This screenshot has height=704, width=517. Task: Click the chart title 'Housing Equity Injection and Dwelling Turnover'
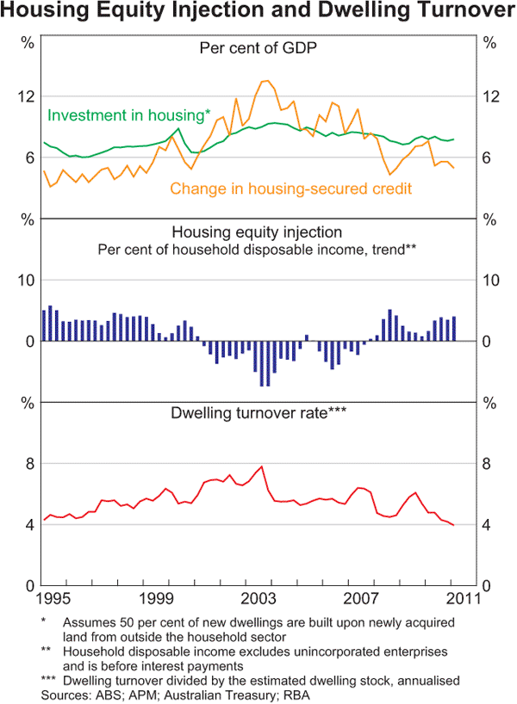click(x=258, y=12)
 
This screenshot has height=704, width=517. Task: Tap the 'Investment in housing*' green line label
click(x=129, y=114)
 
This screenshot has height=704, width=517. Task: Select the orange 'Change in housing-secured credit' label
click(x=291, y=188)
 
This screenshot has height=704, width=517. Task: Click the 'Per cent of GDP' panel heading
click(x=258, y=48)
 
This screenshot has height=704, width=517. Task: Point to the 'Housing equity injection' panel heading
click(x=258, y=232)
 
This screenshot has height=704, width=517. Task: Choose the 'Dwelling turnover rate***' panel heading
click(x=258, y=414)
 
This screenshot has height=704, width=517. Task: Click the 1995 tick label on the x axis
click(x=53, y=596)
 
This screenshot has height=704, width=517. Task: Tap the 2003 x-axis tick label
click(x=258, y=596)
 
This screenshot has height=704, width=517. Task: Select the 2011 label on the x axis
click(x=459, y=596)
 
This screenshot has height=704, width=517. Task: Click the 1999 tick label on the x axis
click(x=155, y=596)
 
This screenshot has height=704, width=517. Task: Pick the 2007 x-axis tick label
click(x=359, y=596)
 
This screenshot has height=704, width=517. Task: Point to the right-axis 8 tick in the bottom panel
click(x=489, y=464)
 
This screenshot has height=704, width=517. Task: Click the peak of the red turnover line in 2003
click(x=261, y=466)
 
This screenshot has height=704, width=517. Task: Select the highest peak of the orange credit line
click(x=266, y=81)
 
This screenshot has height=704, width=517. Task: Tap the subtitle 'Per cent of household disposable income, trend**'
click(x=258, y=250)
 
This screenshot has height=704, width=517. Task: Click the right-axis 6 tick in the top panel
click(x=489, y=157)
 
